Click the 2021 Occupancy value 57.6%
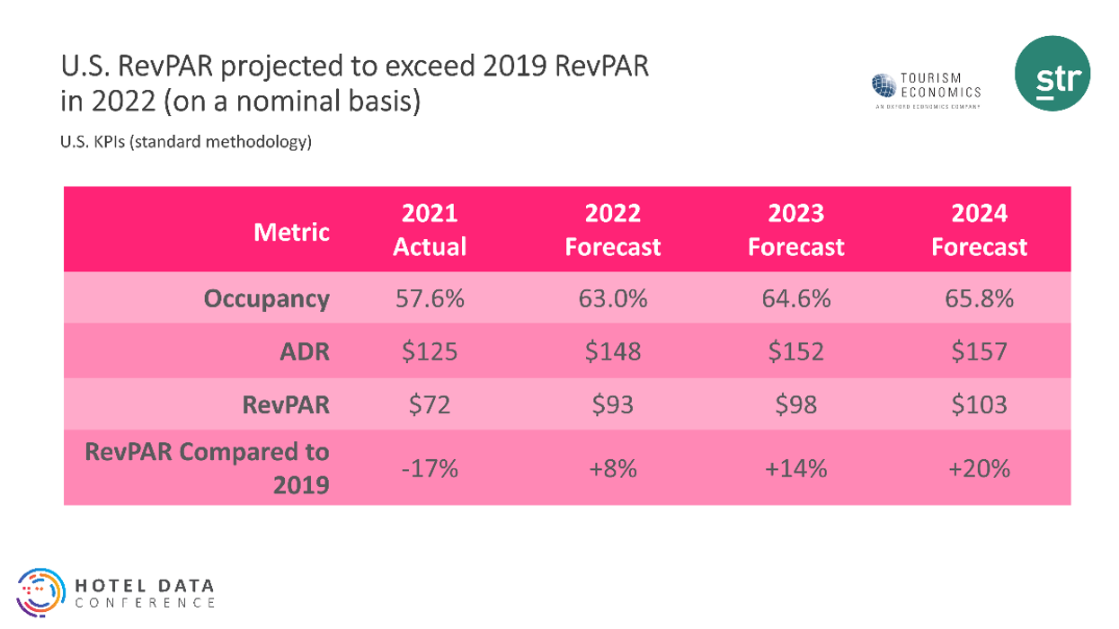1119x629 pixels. coord(430,298)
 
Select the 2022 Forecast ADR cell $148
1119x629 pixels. coord(612,351)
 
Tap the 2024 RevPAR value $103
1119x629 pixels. coord(979,404)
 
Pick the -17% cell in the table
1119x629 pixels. coord(430,468)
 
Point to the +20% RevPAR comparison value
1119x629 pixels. coord(979,468)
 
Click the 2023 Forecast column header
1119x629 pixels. coord(795,230)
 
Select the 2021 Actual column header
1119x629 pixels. coord(430,230)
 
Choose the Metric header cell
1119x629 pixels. coord(291,232)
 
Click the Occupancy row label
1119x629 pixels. coord(266,298)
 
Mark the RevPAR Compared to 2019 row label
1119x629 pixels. coord(208,468)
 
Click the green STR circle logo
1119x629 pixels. coord(1052,74)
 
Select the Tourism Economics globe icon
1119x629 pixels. coord(884,85)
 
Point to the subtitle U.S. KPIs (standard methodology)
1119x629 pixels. coord(186,142)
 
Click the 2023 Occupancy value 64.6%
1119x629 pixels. coord(795,298)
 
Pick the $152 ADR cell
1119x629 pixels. coord(795,351)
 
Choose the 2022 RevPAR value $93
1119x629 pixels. coord(612,404)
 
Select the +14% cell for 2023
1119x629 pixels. coord(795,468)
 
